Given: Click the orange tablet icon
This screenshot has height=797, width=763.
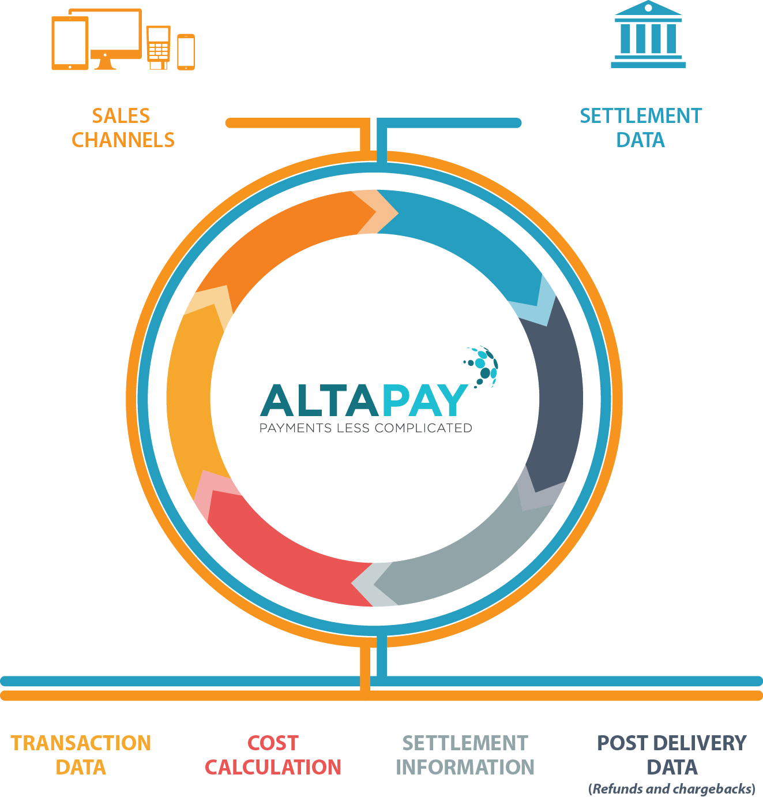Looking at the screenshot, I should click(70, 43).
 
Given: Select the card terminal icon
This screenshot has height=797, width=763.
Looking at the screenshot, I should click(158, 47).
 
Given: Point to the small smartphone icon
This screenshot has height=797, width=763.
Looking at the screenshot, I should click(186, 52).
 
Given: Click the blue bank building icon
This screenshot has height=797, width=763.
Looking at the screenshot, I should click(648, 36).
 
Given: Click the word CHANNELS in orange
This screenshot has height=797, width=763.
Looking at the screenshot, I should click(123, 140).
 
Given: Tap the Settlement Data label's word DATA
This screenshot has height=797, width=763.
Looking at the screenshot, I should click(640, 140).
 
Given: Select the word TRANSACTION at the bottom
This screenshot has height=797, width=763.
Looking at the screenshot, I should click(81, 743).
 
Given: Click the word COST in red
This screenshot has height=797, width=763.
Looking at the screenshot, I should click(273, 743).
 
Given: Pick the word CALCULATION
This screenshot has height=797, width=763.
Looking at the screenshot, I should click(273, 768).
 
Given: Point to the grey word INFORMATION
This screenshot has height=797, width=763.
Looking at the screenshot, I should click(465, 768).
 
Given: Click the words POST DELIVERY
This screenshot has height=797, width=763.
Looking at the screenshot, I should click(672, 743).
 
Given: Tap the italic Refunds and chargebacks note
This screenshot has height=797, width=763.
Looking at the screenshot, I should click(672, 789).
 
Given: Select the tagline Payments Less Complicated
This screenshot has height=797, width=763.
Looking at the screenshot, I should click(366, 428).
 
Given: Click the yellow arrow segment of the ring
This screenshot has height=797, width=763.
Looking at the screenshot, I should click(193, 392).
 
